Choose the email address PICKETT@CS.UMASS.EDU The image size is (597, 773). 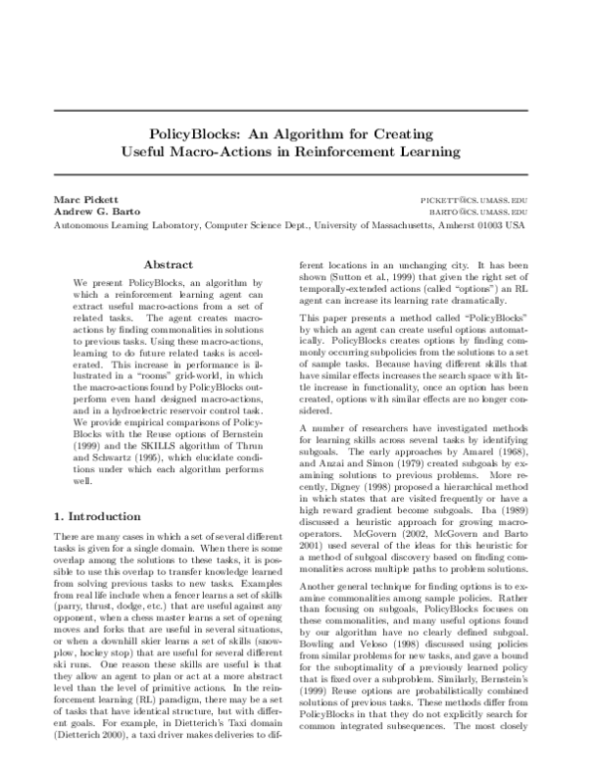(474, 200)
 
